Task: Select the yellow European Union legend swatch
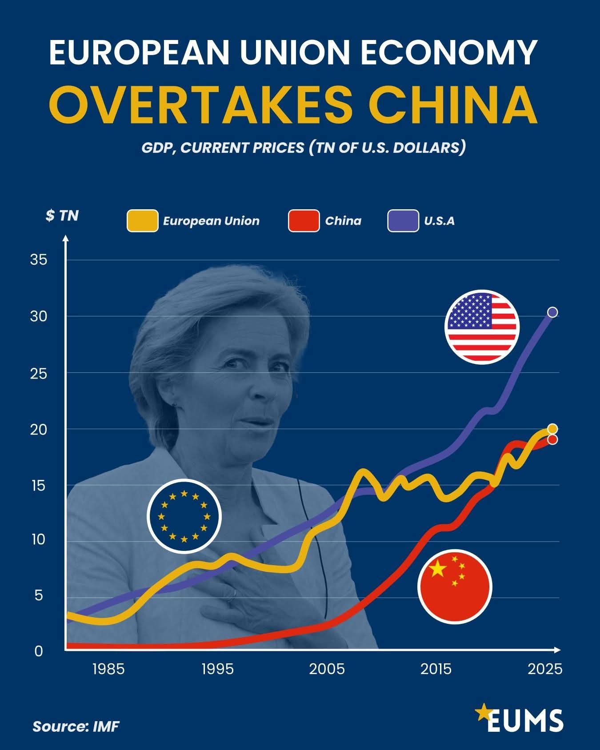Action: pos(142,221)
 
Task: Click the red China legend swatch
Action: pos(304,221)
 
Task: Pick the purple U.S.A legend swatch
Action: pos(403,221)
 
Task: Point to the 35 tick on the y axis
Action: pos(38,260)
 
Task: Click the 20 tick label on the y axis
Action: pos(38,429)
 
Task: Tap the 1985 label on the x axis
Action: pos(108,669)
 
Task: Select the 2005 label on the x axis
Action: pos(327,669)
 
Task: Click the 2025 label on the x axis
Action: pos(545,669)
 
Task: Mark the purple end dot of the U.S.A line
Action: pos(552,312)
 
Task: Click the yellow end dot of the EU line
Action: pos(552,429)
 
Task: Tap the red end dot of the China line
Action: pos(552,439)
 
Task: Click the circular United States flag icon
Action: pos(482,327)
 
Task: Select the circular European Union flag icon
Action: pos(184,516)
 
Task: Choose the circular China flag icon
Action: pos(455,586)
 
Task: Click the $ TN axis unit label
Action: pos(62,216)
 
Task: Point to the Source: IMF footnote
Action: pos(76,726)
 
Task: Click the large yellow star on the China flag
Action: pos(438,569)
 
